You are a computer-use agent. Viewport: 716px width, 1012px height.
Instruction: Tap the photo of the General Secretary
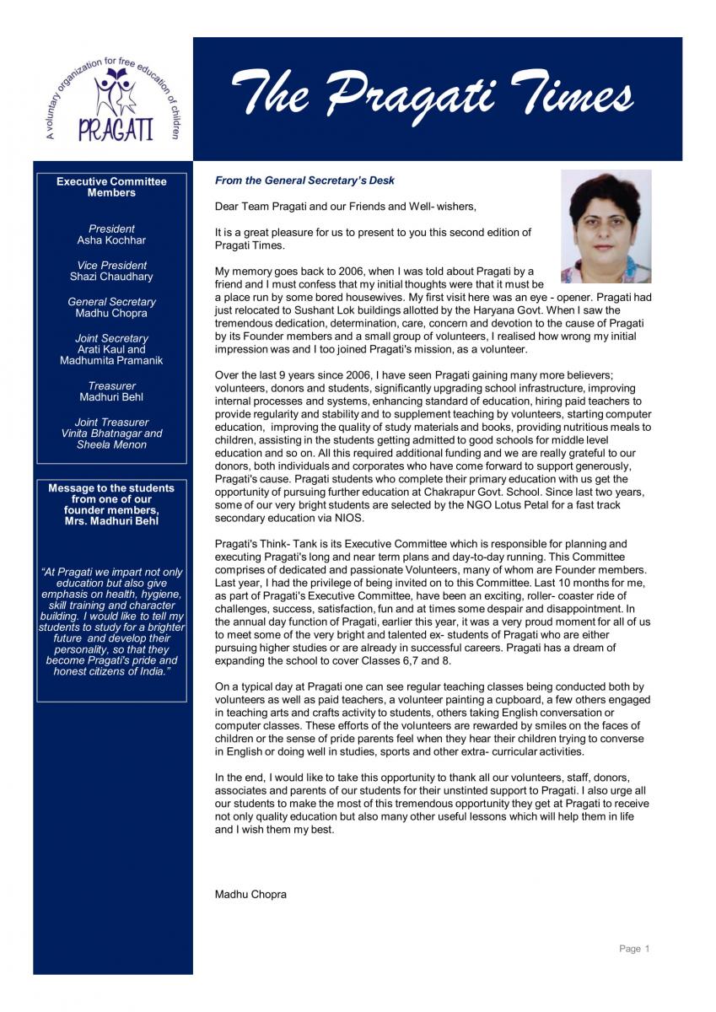coord(606,226)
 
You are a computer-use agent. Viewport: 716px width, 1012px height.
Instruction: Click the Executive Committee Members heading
coord(111,187)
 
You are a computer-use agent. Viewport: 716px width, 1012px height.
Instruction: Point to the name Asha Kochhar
coord(111,240)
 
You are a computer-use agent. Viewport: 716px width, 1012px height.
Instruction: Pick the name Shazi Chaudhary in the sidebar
coord(111,277)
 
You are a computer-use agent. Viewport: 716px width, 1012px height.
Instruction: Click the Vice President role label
coord(111,265)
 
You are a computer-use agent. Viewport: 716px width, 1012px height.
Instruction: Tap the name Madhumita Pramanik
coord(111,361)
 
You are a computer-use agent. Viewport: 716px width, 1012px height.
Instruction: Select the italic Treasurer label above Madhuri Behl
coord(111,385)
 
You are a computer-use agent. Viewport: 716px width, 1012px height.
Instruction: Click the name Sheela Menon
coord(111,444)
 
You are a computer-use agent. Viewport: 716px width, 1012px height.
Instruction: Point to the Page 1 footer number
coord(634,949)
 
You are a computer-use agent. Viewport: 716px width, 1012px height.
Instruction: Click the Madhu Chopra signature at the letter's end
coord(250,895)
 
